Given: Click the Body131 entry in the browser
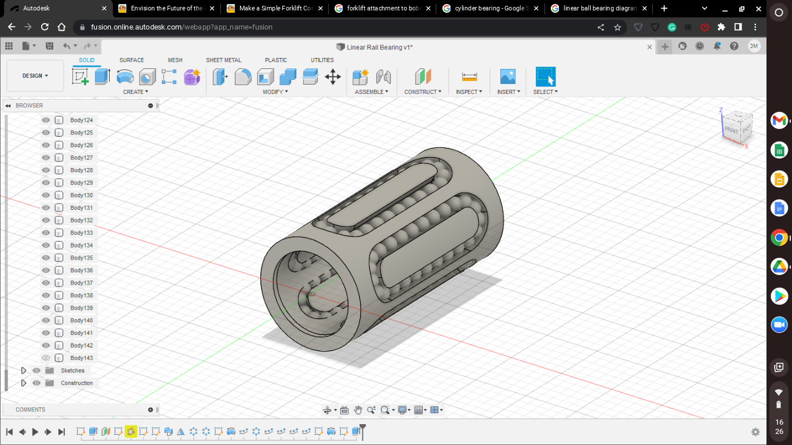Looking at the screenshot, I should (x=81, y=208).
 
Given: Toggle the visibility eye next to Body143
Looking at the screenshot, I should (x=46, y=358).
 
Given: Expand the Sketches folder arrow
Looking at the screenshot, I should (x=24, y=371).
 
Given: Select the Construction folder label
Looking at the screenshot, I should (x=77, y=383).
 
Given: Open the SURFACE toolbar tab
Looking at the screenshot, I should (x=132, y=60).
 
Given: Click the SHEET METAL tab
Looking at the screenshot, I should (x=223, y=60).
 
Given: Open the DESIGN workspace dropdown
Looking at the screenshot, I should (x=35, y=76).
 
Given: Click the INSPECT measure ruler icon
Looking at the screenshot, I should (x=469, y=76).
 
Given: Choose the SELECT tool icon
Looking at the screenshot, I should (x=545, y=76).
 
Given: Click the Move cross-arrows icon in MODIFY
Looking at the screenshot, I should (x=333, y=76).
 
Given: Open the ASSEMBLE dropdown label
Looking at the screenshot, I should (x=371, y=92).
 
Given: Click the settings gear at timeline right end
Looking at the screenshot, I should (x=755, y=432).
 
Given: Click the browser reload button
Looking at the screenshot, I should (x=45, y=27).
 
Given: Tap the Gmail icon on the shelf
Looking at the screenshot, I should (x=779, y=121).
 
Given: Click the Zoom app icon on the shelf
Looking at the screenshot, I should (x=779, y=324).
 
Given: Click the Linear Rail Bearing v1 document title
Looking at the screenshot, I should (x=379, y=47).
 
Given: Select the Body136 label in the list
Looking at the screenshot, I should (x=81, y=271).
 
